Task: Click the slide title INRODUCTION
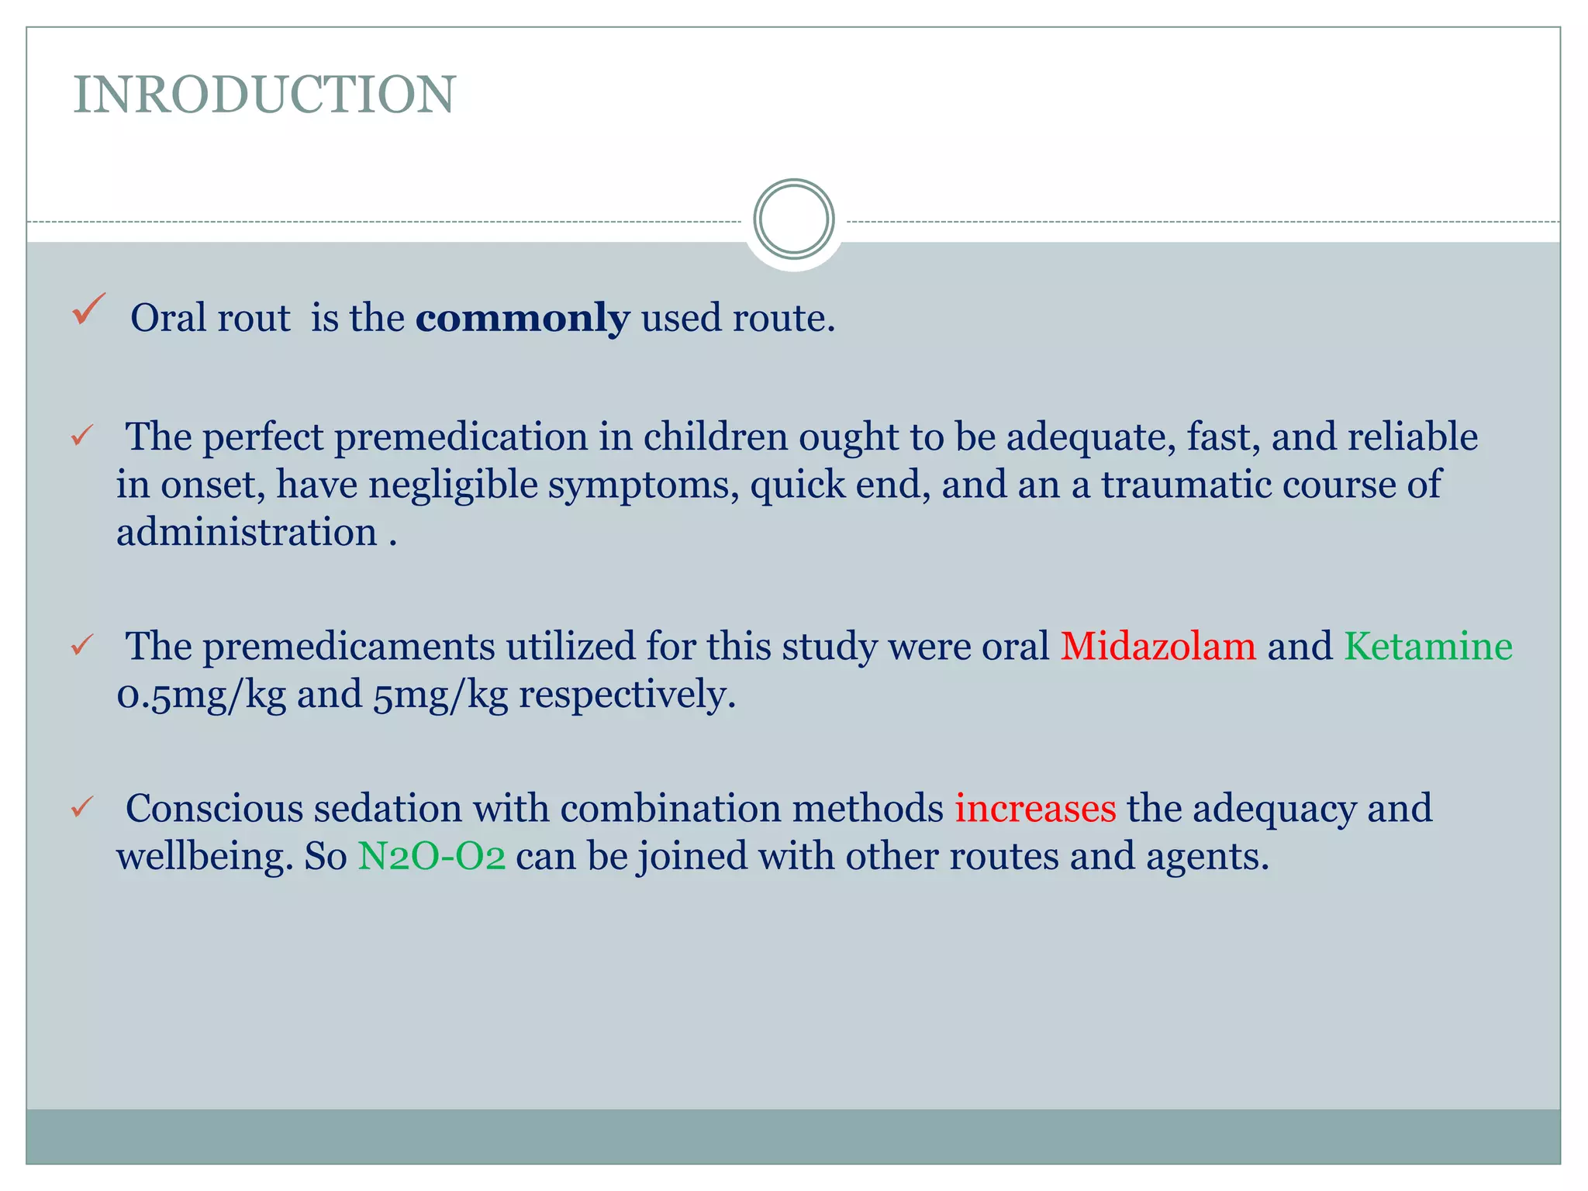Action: pyautogui.click(x=264, y=95)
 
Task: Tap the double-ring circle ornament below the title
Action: pyautogui.click(x=793, y=219)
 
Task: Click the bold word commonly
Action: pyautogui.click(x=522, y=318)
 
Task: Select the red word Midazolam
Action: pyautogui.click(x=1158, y=646)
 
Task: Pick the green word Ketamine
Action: pyautogui.click(x=1427, y=646)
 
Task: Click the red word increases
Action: pyautogui.click(x=1035, y=808)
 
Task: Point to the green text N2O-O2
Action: pyautogui.click(x=431, y=856)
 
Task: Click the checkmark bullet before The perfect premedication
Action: pyautogui.click(x=82, y=436)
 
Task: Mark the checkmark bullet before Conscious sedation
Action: pyautogui.click(x=82, y=807)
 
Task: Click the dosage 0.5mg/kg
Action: pyautogui.click(x=201, y=695)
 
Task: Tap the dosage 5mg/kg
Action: pyautogui.click(x=440, y=695)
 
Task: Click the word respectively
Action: pyautogui.click(x=627, y=695)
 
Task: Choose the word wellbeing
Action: pyautogui.click(x=204, y=856)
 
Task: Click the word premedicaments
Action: pyautogui.click(x=348, y=646)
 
